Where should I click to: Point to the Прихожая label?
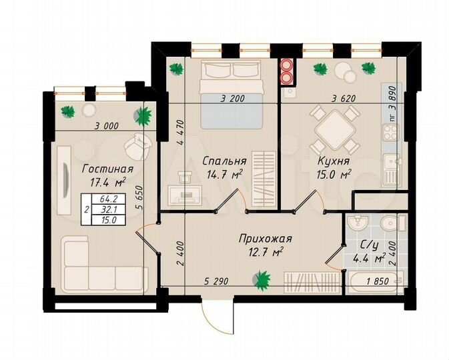pyautogui.click(x=265, y=238)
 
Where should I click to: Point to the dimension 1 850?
pyautogui.click(x=378, y=282)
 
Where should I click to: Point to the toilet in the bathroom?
pyautogui.click(x=390, y=225)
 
